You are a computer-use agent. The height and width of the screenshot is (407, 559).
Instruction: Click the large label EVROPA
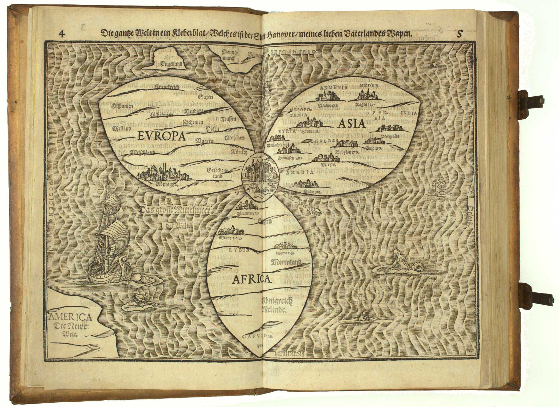162,136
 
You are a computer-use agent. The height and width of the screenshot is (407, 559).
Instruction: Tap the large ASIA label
351,123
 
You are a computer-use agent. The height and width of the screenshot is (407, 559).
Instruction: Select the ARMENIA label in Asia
331,87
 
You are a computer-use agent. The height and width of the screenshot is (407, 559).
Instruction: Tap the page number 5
459,34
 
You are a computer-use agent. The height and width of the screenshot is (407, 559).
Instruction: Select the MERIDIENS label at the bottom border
289,353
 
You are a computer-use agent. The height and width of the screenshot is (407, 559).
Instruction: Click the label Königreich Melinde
277,305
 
